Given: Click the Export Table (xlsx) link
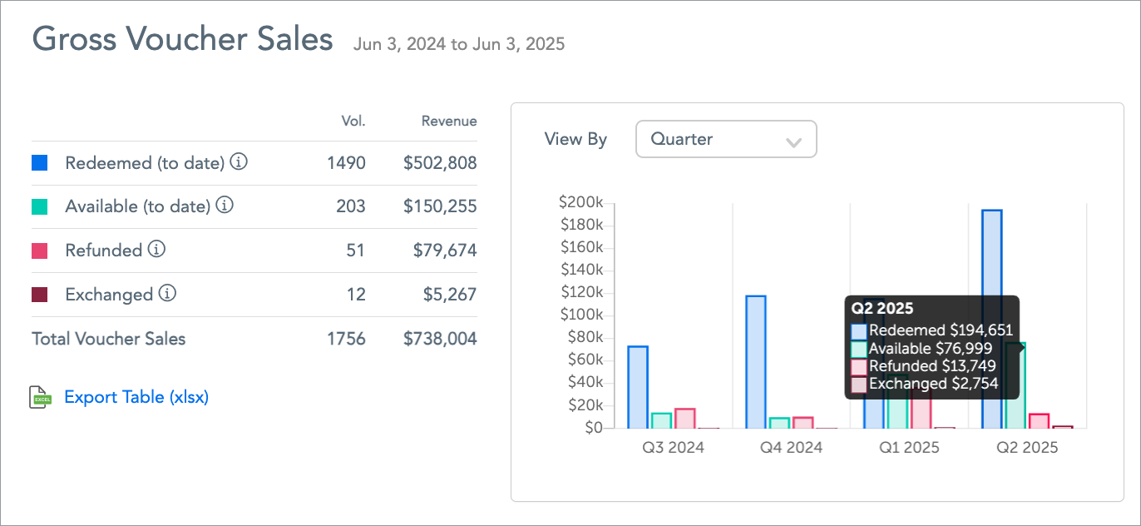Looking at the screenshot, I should pyautogui.click(x=136, y=397).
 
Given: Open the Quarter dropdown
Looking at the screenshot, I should pyautogui.click(x=726, y=139).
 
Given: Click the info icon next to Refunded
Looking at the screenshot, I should pyautogui.click(x=157, y=249).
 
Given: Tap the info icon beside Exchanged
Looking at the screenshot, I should pyautogui.click(x=168, y=293).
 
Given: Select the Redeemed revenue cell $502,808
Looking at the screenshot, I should pyautogui.click(x=440, y=162).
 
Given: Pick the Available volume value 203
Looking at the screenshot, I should pyautogui.click(x=351, y=206).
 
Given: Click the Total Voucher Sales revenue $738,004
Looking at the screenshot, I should pyautogui.click(x=440, y=339).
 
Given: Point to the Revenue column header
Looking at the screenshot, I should pyautogui.click(x=449, y=121).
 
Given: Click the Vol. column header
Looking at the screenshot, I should pyautogui.click(x=353, y=121).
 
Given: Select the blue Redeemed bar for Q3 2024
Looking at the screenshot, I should pyautogui.click(x=638, y=387).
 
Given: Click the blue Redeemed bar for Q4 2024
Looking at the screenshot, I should pyautogui.click(x=756, y=362).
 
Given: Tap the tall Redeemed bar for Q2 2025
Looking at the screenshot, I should pyautogui.click(x=992, y=250).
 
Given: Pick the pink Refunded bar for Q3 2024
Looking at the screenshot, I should pyautogui.click(x=685, y=419).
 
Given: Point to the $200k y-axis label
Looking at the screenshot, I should pyautogui.click(x=581, y=202).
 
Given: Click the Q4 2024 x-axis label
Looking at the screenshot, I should pyautogui.click(x=791, y=448).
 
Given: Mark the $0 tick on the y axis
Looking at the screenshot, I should pyautogui.click(x=592, y=428).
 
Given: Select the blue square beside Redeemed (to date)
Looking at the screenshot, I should pyautogui.click(x=39, y=162).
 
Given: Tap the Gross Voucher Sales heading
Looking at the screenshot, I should pyautogui.click(x=182, y=40).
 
